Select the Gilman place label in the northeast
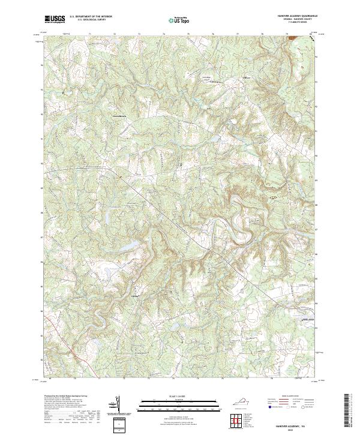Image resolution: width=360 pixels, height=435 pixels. coord(246,78)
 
